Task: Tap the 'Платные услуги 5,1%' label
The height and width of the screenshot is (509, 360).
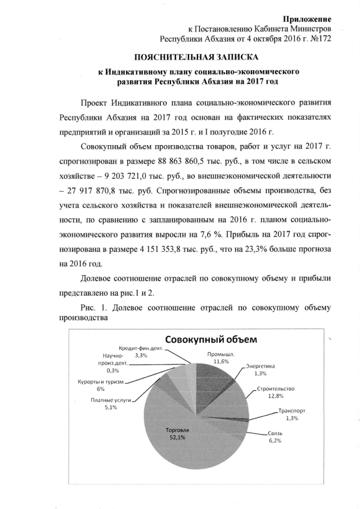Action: coord(110,403)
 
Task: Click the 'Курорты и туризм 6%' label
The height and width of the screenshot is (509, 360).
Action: coord(101,385)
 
